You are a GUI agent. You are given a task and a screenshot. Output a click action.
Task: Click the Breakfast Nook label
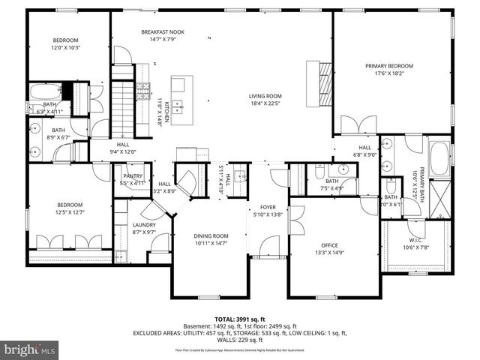(163, 32)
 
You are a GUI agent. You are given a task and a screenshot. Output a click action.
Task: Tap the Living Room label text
(265, 96)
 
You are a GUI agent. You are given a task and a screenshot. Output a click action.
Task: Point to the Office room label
(329, 244)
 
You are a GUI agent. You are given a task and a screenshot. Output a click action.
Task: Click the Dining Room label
(211, 236)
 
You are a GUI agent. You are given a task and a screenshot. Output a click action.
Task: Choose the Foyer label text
(268, 208)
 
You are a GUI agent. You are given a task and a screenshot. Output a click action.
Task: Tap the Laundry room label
(144, 225)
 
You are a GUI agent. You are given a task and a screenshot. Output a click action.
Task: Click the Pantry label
(133, 176)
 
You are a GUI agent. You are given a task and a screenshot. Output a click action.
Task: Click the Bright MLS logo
(29, 349)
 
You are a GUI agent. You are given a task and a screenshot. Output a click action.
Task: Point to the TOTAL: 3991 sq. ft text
(240, 319)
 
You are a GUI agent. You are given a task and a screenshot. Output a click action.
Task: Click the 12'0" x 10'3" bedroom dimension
(65, 48)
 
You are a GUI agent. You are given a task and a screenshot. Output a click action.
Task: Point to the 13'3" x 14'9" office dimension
(329, 253)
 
